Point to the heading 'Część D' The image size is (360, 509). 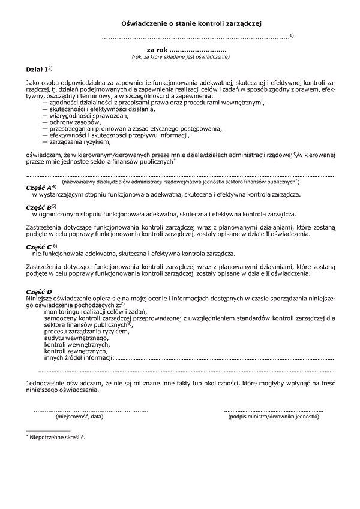click(x=40, y=291)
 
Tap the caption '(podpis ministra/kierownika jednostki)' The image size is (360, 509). click(x=273, y=415)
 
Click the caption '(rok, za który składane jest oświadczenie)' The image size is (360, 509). click(x=181, y=57)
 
